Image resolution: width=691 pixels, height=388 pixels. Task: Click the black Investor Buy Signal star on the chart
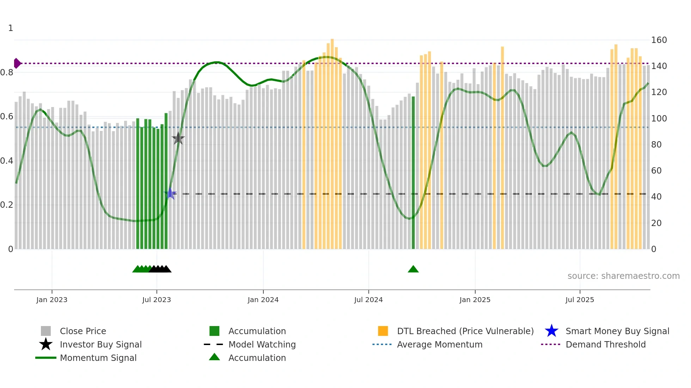[178, 138]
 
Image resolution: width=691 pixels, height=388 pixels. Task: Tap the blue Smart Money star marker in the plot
[170, 194]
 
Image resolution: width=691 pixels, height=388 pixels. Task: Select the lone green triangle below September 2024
[413, 269]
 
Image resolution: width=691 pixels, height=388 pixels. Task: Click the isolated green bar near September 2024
[413, 173]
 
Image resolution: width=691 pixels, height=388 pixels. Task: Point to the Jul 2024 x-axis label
[368, 300]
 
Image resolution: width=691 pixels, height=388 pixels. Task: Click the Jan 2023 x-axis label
[52, 300]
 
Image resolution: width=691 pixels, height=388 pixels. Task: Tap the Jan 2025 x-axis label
[475, 300]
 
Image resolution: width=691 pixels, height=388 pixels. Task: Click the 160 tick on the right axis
[659, 40]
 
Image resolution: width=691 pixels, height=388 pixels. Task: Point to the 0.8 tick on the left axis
[7, 73]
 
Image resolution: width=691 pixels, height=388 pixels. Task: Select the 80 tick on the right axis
[656, 144]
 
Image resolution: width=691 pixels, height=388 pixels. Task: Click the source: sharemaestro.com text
[623, 276]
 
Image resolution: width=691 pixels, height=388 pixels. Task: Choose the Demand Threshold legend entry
[605, 344]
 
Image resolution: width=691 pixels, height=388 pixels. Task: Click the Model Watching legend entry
[262, 344]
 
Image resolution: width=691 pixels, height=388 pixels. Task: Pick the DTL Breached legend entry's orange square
[383, 331]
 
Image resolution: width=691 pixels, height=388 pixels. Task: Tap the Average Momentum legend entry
[439, 344]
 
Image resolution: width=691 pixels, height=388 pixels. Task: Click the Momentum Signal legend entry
[98, 358]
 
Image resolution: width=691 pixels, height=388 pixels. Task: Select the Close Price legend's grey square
[46, 331]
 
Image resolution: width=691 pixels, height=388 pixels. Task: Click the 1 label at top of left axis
[11, 28]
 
